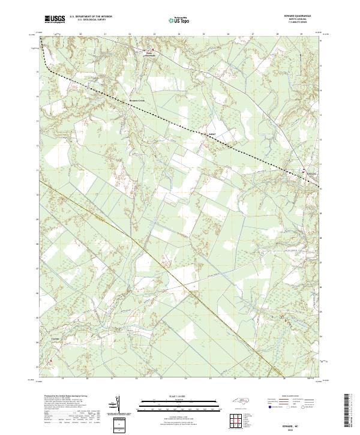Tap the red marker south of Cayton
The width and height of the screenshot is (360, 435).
click(51, 361)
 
